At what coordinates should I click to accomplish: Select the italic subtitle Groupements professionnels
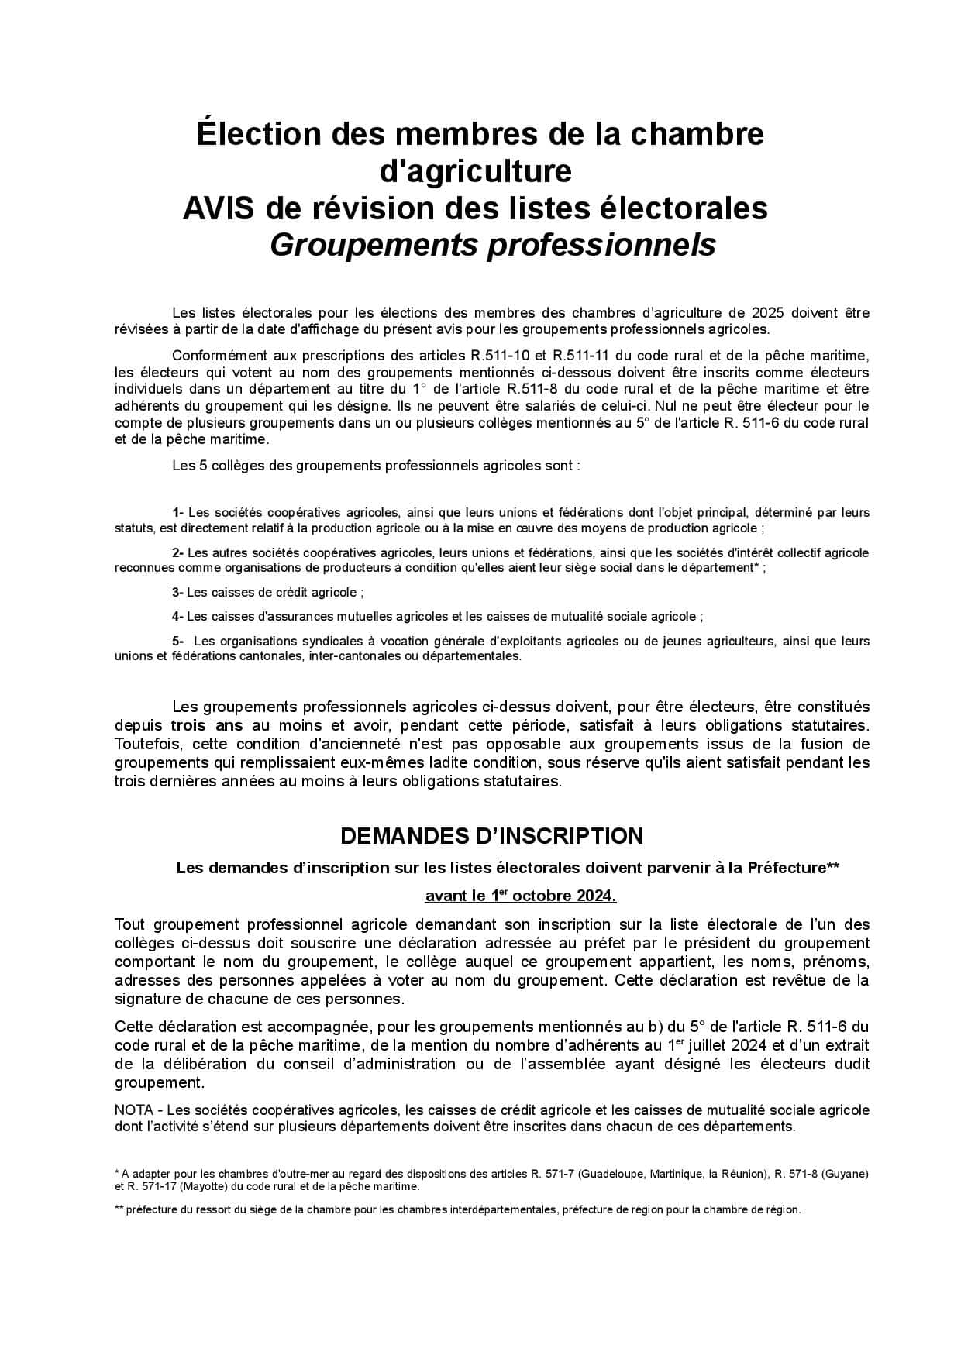tap(492, 245)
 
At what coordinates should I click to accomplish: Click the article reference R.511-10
tap(500, 356)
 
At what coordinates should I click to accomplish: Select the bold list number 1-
tap(178, 512)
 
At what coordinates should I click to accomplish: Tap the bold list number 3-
tap(178, 593)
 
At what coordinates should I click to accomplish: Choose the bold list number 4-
tap(178, 617)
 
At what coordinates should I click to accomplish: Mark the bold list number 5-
tap(178, 641)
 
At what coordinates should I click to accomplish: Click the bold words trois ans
tap(207, 726)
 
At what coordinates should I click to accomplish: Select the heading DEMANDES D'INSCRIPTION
tap(491, 836)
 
